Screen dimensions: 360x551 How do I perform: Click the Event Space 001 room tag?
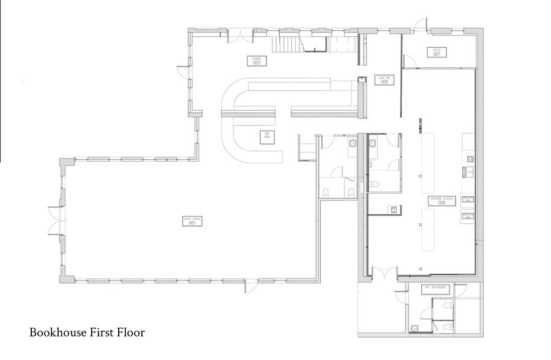pyautogui.click(x=192, y=221)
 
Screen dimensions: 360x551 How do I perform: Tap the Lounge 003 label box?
pyautogui.click(x=257, y=61)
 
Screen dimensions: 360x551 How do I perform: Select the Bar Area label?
pyautogui.click(x=267, y=136)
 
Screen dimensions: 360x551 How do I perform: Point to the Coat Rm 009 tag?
pyautogui.click(x=384, y=80)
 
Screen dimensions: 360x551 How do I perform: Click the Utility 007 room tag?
pyautogui.click(x=437, y=52)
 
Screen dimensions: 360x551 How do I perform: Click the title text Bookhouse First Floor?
pyautogui.click(x=87, y=333)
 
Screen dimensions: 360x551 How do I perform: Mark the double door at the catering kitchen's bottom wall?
pyautogui.click(x=384, y=274)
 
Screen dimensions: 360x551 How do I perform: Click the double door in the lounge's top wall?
pyautogui.click(x=239, y=37)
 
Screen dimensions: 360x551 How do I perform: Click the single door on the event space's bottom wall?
pyautogui.click(x=250, y=285)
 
